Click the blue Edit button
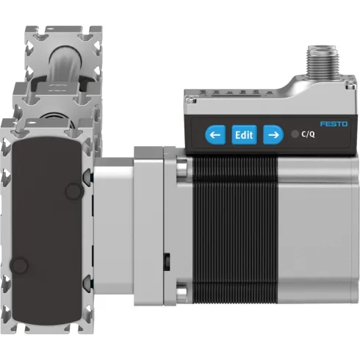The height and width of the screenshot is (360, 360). pyautogui.click(x=244, y=134)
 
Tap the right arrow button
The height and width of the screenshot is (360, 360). pyautogui.click(x=273, y=134)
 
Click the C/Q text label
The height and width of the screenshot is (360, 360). pyautogui.click(x=310, y=134)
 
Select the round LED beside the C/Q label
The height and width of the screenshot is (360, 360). pyautogui.click(x=295, y=134)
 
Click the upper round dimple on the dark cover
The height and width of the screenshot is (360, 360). pyautogui.click(x=73, y=192)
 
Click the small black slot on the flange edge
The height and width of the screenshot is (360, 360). pyautogui.click(x=168, y=260)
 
